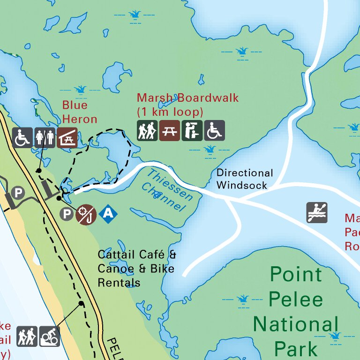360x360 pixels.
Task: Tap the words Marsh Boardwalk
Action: [x=187, y=98]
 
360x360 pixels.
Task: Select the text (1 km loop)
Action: [x=170, y=112]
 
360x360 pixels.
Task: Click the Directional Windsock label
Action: [x=244, y=179]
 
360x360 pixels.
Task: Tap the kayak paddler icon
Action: [x=317, y=212]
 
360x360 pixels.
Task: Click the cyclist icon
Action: [x=49, y=337]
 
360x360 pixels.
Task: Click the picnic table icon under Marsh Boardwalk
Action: [x=169, y=131]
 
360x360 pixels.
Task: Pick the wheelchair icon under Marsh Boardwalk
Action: [x=214, y=131]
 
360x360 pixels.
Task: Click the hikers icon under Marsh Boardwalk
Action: [x=147, y=131]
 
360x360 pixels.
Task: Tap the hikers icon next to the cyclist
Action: [x=27, y=337]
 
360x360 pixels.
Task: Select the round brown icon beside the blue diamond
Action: [x=86, y=214]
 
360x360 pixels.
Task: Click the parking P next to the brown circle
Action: [x=67, y=214]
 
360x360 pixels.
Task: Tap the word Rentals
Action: [x=119, y=283]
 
